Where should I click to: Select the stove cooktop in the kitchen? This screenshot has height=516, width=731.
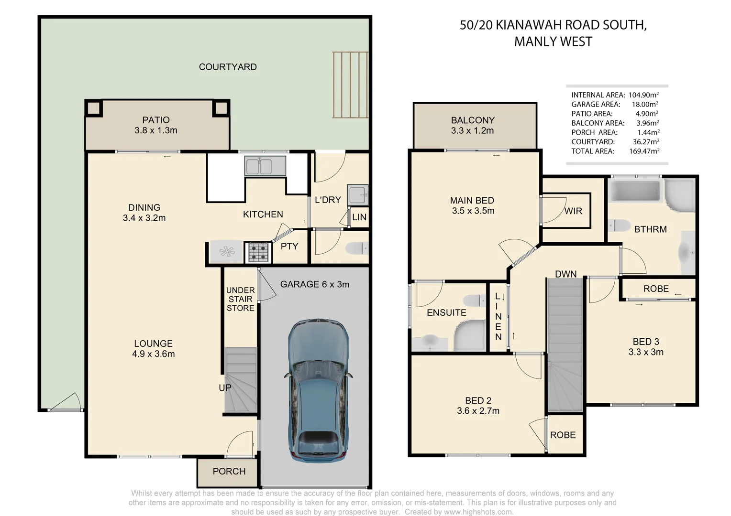pos(258,252)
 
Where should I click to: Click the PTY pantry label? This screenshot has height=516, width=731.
pos(289,247)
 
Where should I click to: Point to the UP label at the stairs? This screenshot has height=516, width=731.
pos(225,388)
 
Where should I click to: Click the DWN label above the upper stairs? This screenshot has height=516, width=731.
pos(565,274)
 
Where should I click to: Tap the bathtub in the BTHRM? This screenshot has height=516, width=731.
pos(634,191)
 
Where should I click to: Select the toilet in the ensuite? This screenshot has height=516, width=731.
pos(475,301)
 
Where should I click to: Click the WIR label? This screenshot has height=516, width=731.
pos(573,211)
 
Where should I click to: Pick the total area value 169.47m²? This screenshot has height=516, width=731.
pos(644,151)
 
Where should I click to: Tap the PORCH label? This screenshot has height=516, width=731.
pos(229,472)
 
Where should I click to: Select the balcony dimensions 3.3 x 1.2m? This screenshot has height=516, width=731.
pos(472,131)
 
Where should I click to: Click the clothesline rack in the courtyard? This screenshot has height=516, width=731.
pos(350,85)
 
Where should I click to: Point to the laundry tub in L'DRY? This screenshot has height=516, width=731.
pos(358,195)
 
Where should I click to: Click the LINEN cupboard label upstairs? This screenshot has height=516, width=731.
pos(498,317)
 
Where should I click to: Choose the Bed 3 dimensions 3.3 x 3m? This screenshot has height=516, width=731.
pos(646,352)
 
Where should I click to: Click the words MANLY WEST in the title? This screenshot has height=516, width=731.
pos(553,42)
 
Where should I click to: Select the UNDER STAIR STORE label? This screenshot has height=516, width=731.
pos(240,299)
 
